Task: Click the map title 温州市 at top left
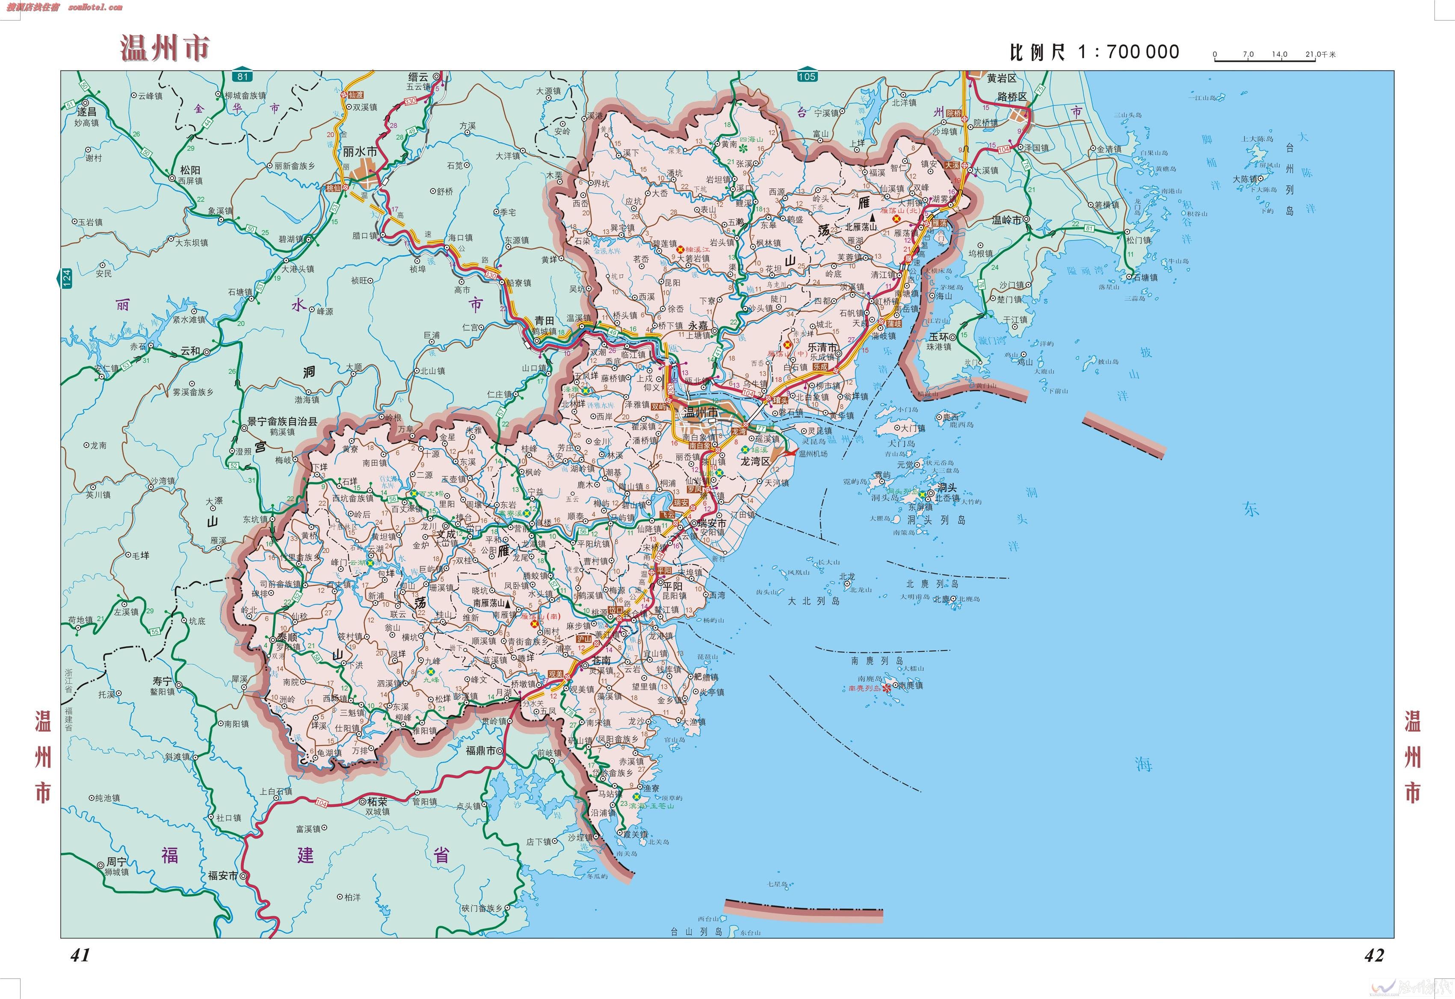coord(164,48)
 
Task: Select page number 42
coord(1374,955)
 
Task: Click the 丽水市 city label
coord(360,152)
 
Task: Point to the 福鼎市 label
coord(480,750)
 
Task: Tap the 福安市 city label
coord(223,876)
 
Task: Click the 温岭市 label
coord(1006,220)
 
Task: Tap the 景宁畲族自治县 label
coord(282,422)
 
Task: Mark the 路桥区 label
coord(1012,97)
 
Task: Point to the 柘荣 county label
coord(376,801)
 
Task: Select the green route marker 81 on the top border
coord(243,76)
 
